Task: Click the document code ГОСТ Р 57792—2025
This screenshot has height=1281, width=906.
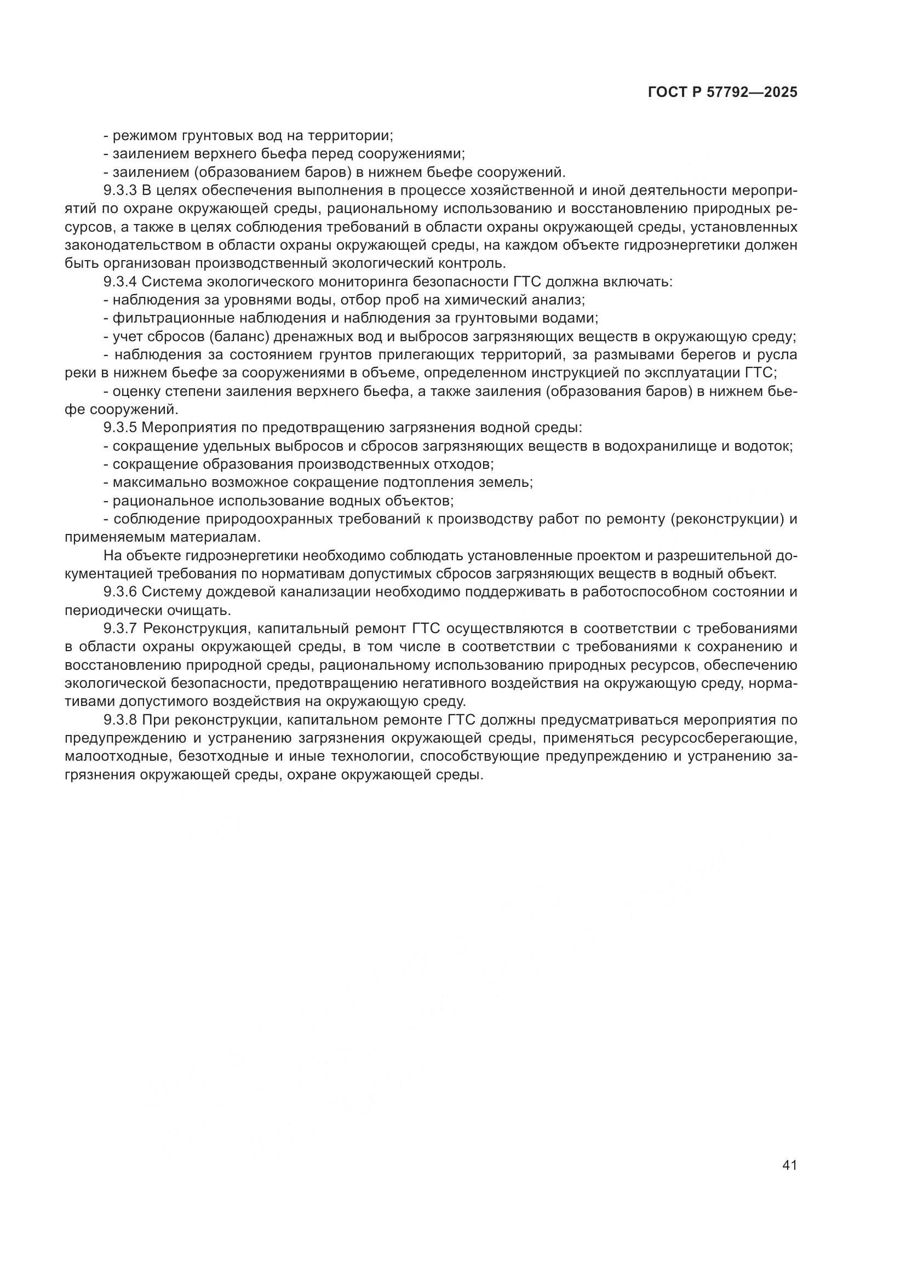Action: [x=722, y=93]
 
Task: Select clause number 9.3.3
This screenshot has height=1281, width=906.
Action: [x=120, y=190]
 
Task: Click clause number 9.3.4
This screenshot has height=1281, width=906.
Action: [x=120, y=282]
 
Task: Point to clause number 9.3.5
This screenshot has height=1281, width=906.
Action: [x=120, y=428]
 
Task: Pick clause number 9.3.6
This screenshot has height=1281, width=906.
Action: [x=120, y=592]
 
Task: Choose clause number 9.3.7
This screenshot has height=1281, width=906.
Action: [x=120, y=629]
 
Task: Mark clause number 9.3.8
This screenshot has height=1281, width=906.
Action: [x=120, y=720]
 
